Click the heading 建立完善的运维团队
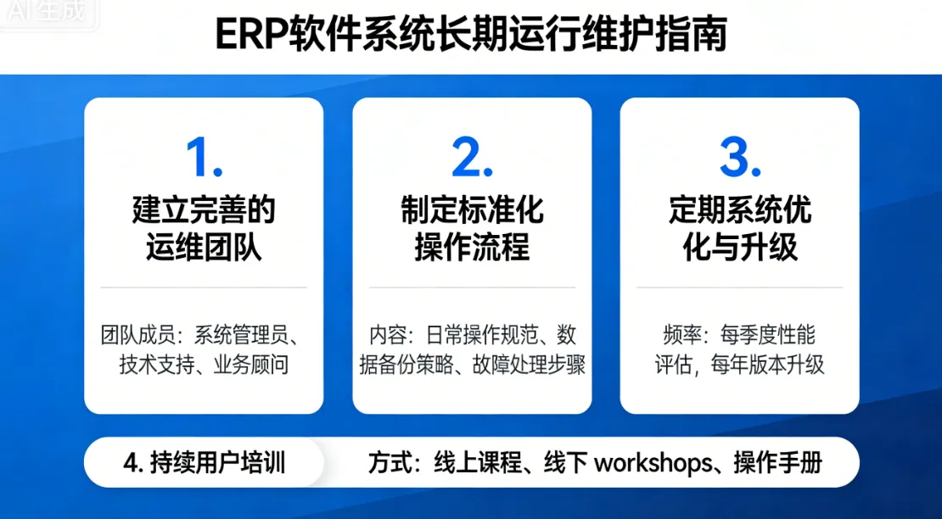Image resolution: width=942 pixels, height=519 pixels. click(204, 229)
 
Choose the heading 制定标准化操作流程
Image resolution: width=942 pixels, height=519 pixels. click(472, 229)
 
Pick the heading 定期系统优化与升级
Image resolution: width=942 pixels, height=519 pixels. click(739, 229)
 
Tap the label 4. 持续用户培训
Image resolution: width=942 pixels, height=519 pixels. click(204, 463)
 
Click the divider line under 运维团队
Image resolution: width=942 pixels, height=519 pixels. click(204, 287)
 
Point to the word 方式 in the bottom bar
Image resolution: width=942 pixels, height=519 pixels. click(390, 463)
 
